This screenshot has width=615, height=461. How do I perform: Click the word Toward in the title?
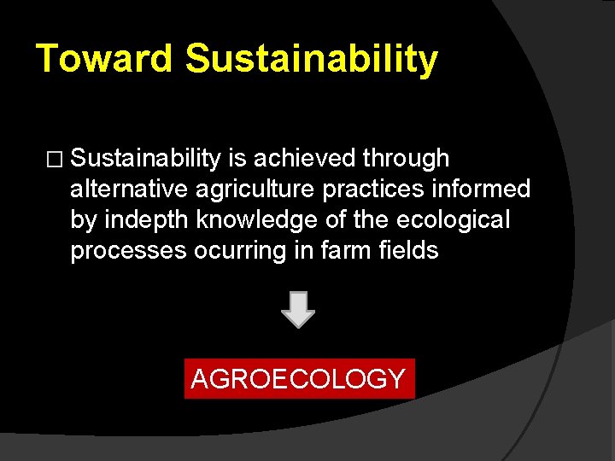click(104, 59)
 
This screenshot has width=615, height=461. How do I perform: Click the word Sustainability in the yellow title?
click(311, 59)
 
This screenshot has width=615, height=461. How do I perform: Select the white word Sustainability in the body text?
click(146, 158)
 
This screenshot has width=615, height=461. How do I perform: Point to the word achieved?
click(303, 158)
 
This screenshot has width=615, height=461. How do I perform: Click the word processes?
click(128, 252)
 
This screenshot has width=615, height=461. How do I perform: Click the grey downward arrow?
click(298, 311)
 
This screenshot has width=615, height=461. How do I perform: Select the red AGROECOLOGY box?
click(299, 378)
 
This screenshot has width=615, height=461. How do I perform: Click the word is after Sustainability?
click(234, 158)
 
